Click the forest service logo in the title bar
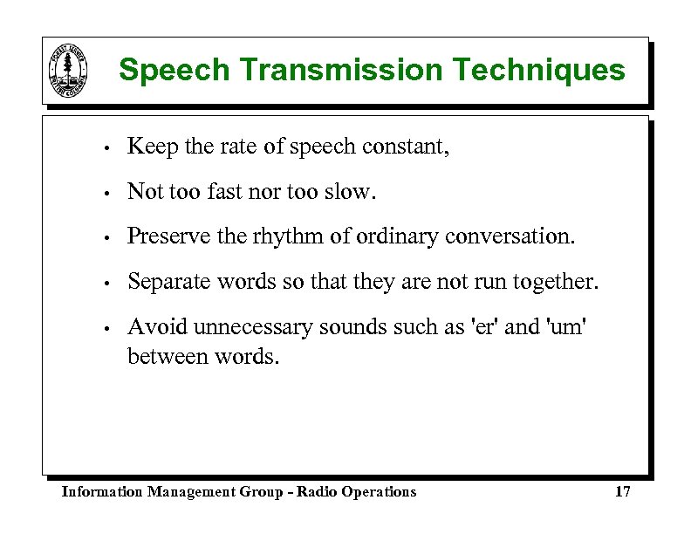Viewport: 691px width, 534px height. tap(67, 71)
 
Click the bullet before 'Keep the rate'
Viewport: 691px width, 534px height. tap(104, 147)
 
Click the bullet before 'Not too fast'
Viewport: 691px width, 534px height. tap(104, 193)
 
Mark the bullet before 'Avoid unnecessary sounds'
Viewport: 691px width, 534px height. tap(104, 328)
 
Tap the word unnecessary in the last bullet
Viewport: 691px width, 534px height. tap(253, 327)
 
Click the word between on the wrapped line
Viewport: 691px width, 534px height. tap(166, 356)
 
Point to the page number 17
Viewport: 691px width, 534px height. tap(622, 492)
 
